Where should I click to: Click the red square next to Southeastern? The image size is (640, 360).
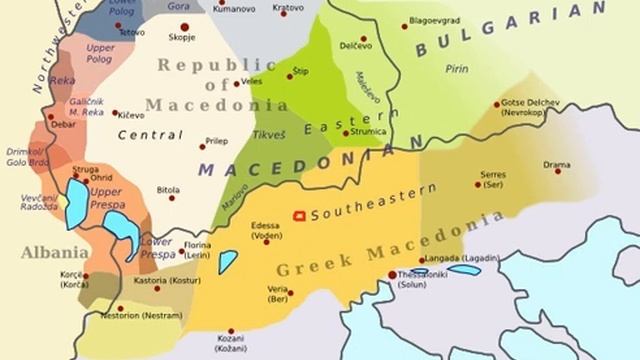point(298,215)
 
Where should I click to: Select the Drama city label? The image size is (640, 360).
point(557,165)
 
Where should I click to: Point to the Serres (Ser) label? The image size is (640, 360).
point(494,179)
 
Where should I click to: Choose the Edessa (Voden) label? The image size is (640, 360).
point(266,230)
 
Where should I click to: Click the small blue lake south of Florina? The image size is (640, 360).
point(228,262)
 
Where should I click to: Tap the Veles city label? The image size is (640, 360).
point(251,81)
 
